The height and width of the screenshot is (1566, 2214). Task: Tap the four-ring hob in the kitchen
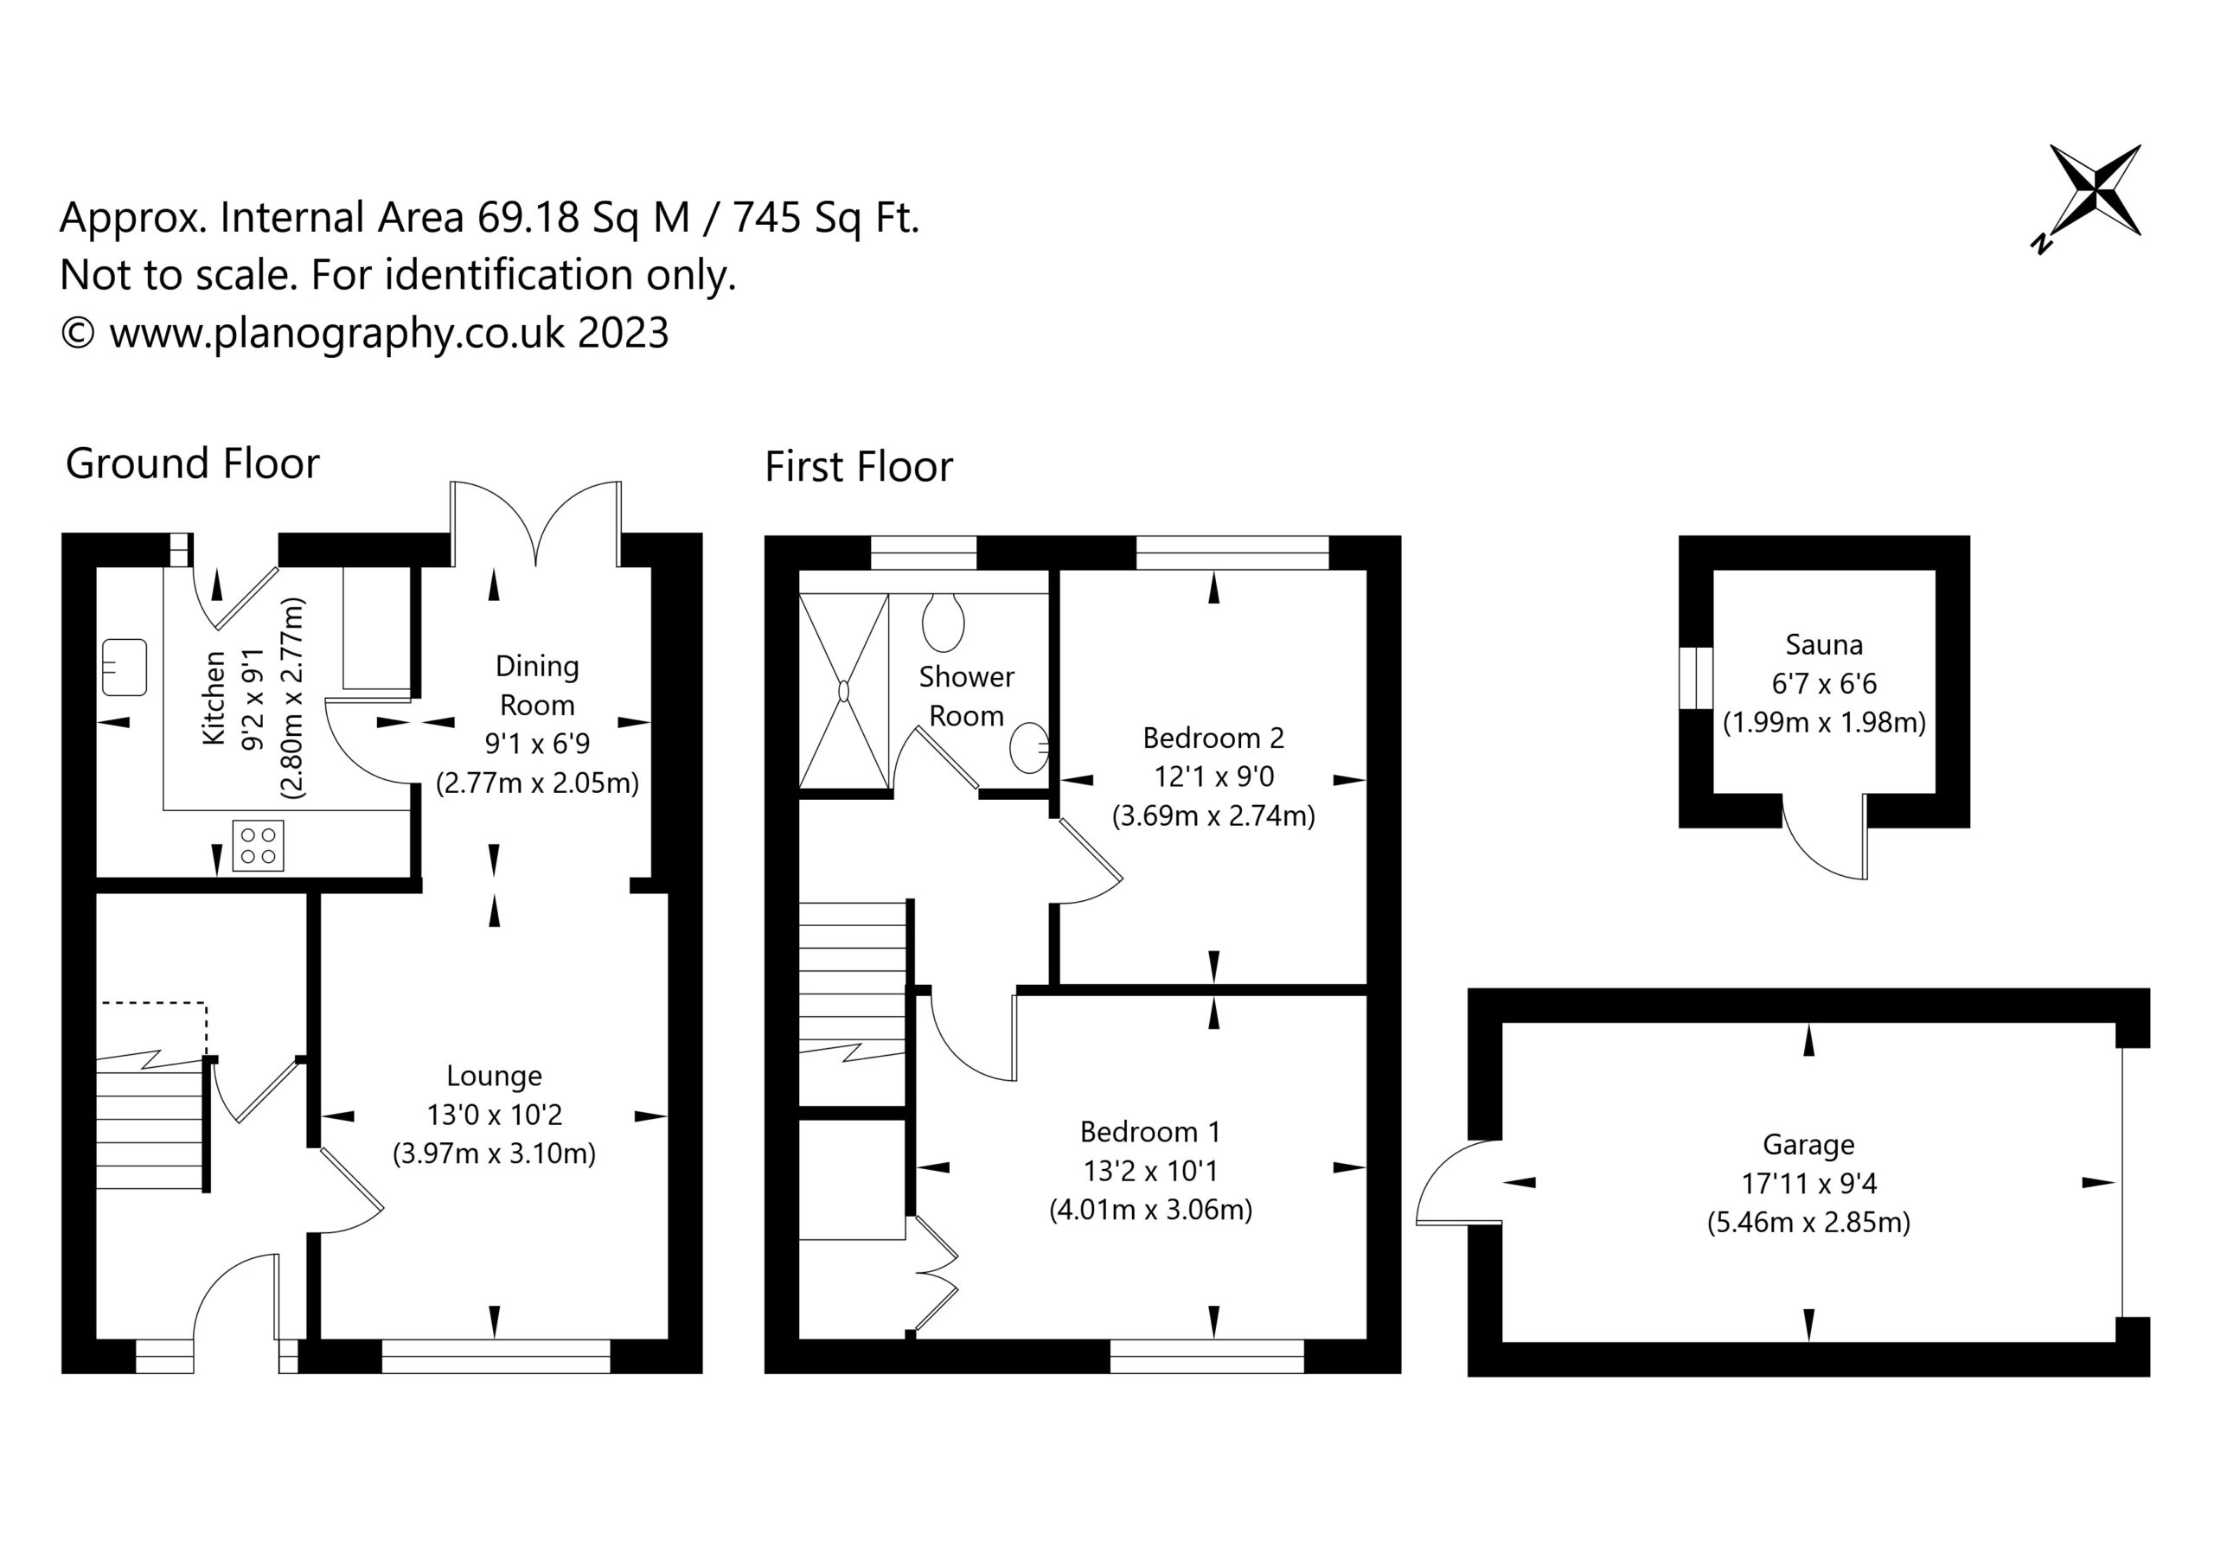259,846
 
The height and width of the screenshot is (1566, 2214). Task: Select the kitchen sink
125,668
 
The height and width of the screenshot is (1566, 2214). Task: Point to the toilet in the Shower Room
943,622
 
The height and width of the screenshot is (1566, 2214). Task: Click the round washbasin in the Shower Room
1029,747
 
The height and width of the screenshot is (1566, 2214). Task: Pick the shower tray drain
844,692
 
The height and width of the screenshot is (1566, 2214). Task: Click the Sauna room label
1823,644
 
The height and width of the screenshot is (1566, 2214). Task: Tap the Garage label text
1808,1145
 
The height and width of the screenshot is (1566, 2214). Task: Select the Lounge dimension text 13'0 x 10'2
494,1115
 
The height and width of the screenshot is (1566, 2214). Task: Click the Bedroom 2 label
1213,738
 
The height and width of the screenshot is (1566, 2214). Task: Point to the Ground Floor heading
192,463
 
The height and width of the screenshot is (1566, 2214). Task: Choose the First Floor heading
858,467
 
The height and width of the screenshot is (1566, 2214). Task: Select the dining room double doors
536,524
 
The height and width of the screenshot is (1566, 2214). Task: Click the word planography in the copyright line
334,334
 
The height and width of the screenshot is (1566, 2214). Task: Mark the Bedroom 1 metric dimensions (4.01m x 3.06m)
1150,1209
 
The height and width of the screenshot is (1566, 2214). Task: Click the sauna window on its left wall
1696,679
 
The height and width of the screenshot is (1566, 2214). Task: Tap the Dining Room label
537,686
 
